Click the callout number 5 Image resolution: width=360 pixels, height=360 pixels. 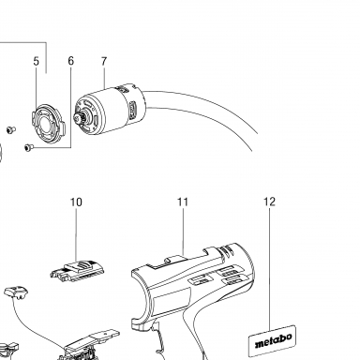point(37,61)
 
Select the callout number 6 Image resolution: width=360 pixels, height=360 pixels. point(71,61)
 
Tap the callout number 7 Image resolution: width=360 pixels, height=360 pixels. point(104,61)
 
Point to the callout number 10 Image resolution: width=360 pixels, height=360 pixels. point(76,202)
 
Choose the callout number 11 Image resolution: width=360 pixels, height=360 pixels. point(183,202)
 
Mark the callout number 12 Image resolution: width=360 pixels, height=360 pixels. point(269,202)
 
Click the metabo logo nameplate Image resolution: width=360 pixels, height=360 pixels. point(272,341)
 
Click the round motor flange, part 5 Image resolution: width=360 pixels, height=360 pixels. point(50,121)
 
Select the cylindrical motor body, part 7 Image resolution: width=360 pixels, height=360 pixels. point(110,109)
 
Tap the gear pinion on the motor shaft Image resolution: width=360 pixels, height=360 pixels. point(78,118)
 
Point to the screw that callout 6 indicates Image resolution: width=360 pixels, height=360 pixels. point(28,147)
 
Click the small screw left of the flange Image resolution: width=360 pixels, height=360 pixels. point(11,129)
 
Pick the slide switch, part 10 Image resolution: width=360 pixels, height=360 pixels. point(78,271)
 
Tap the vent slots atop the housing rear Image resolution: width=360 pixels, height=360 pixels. point(227,250)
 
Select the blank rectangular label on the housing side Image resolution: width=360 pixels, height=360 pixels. point(172,299)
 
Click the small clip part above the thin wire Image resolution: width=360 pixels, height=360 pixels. point(16,292)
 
